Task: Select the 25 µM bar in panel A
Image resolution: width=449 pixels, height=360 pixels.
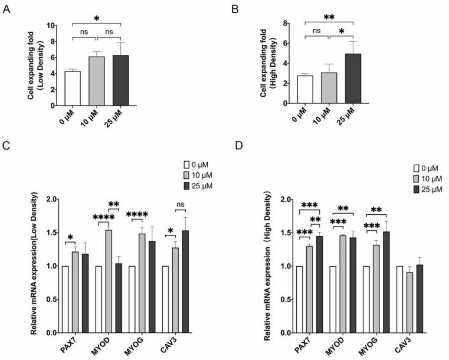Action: coord(120,79)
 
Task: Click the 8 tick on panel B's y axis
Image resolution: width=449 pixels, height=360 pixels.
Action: coord(299,24)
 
